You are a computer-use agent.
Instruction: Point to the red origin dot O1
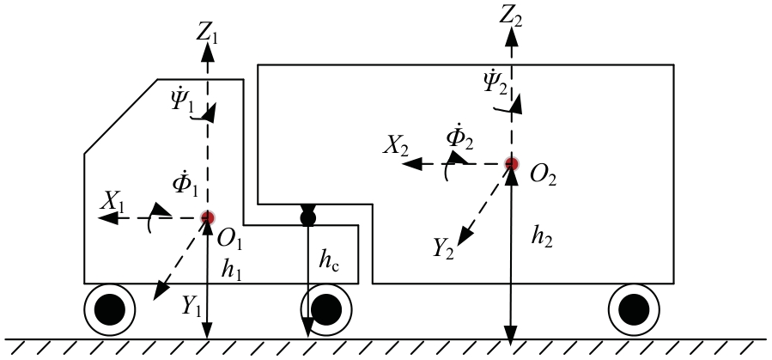[207, 218]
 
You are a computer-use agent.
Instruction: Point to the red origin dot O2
[512, 163]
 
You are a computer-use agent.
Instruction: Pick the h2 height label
[542, 235]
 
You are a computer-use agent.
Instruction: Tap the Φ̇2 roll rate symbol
[460, 137]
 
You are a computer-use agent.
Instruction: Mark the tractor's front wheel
[110, 308]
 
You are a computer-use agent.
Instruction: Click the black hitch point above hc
[307, 218]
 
